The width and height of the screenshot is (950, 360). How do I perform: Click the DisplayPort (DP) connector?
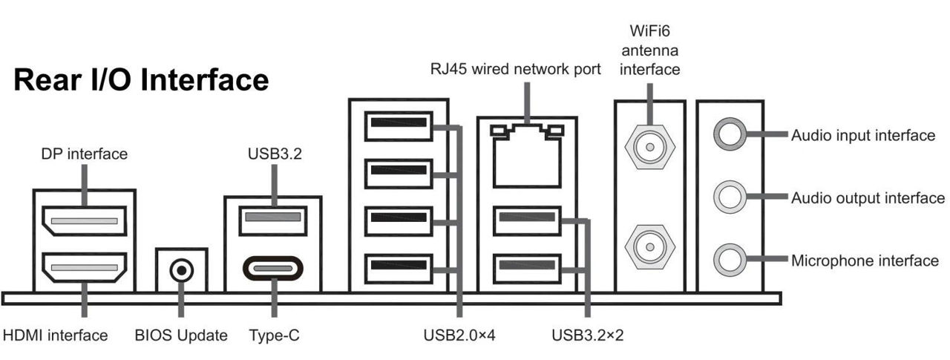(x=83, y=220)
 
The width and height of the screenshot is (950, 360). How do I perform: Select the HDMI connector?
(x=83, y=268)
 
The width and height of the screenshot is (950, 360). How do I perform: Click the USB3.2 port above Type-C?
(x=273, y=218)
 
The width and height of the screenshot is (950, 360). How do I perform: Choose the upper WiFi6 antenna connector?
(x=649, y=146)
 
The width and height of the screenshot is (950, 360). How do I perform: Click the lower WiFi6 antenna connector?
(x=649, y=245)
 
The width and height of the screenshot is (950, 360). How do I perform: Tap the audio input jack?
(x=728, y=134)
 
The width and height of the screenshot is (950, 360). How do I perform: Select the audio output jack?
(x=728, y=197)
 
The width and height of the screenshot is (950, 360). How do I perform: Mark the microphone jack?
(x=728, y=260)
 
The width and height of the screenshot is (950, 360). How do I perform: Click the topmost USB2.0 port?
(x=399, y=125)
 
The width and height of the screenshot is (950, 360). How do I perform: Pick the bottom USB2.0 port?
(x=399, y=269)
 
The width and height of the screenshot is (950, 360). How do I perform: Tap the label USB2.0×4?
(x=459, y=336)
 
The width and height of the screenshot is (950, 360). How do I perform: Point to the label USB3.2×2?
(x=588, y=336)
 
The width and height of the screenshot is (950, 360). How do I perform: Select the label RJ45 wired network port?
(x=515, y=70)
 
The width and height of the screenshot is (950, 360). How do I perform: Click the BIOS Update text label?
(x=181, y=336)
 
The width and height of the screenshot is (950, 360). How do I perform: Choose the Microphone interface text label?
(x=865, y=261)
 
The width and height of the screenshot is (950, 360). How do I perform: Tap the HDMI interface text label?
(x=56, y=336)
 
